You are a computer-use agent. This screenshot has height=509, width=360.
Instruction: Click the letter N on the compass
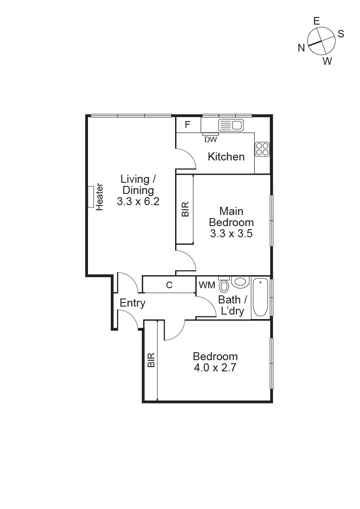coord(301,48)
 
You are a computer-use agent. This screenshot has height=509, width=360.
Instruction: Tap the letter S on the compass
coord(341,34)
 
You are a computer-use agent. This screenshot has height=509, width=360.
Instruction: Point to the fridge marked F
coord(187,124)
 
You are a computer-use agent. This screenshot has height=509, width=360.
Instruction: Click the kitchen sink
coord(230,125)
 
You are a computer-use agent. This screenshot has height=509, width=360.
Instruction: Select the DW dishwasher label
coord(210,139)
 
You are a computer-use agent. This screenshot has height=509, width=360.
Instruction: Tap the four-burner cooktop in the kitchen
coord(262,149)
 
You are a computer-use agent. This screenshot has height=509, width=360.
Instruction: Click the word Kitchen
coord(226,157)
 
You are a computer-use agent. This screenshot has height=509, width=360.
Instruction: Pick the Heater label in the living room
coord(99,197)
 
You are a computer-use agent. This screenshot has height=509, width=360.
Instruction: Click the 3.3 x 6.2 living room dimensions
coord(138,202)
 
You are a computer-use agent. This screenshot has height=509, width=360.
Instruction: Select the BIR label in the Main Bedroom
coord(185,210)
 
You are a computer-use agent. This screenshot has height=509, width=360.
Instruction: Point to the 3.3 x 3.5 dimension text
coord(231,233)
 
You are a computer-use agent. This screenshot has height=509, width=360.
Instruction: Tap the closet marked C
coord(169,285)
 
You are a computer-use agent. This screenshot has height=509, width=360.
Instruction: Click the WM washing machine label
coord(206,285)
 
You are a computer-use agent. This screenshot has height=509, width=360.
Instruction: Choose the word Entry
coord(133,303)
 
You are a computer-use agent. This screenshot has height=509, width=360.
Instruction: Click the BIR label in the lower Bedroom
coord(151,360)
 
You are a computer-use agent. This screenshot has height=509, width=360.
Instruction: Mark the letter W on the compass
coord(327,62)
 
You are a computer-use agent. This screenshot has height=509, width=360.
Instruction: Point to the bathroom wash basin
coord(241,282)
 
